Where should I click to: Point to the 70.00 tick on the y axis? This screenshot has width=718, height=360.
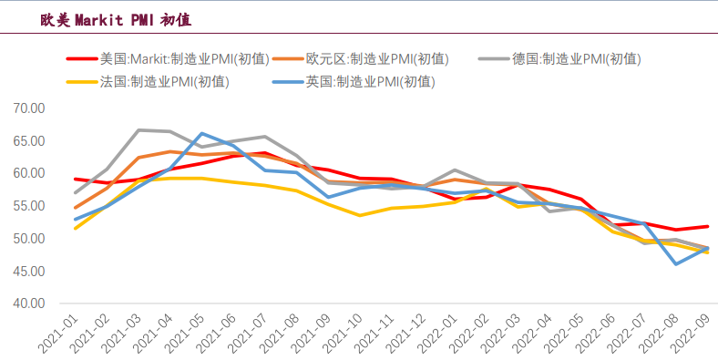(x=30, y=108)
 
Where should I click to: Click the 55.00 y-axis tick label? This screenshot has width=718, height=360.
(x=30, y=206)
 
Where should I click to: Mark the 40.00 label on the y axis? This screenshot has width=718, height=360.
(x=30, y=303)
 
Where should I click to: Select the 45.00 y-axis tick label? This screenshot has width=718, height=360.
(x=30, y=272)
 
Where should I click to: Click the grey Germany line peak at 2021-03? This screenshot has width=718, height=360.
(x=138, y=130)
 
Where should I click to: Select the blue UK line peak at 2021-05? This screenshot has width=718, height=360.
(x=201, y=134)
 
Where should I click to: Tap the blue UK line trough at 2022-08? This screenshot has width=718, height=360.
(x=676, y=263)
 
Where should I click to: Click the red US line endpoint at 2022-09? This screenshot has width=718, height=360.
(x=708, y=226)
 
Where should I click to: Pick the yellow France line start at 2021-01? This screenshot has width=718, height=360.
(x=75, y=228)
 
